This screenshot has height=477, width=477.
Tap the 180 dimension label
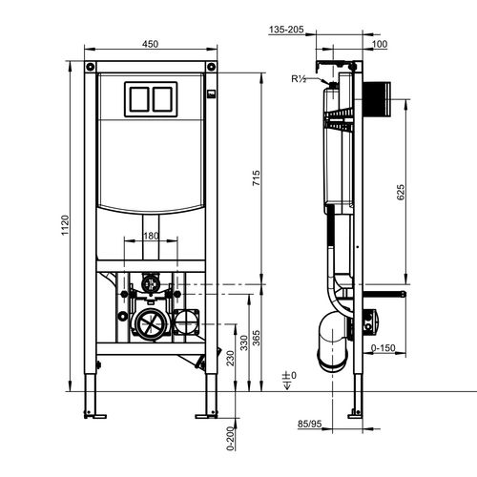click(151, 236)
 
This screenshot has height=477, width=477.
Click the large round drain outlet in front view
click(150, 324)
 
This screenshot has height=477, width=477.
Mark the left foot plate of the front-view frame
click(94, 413)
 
